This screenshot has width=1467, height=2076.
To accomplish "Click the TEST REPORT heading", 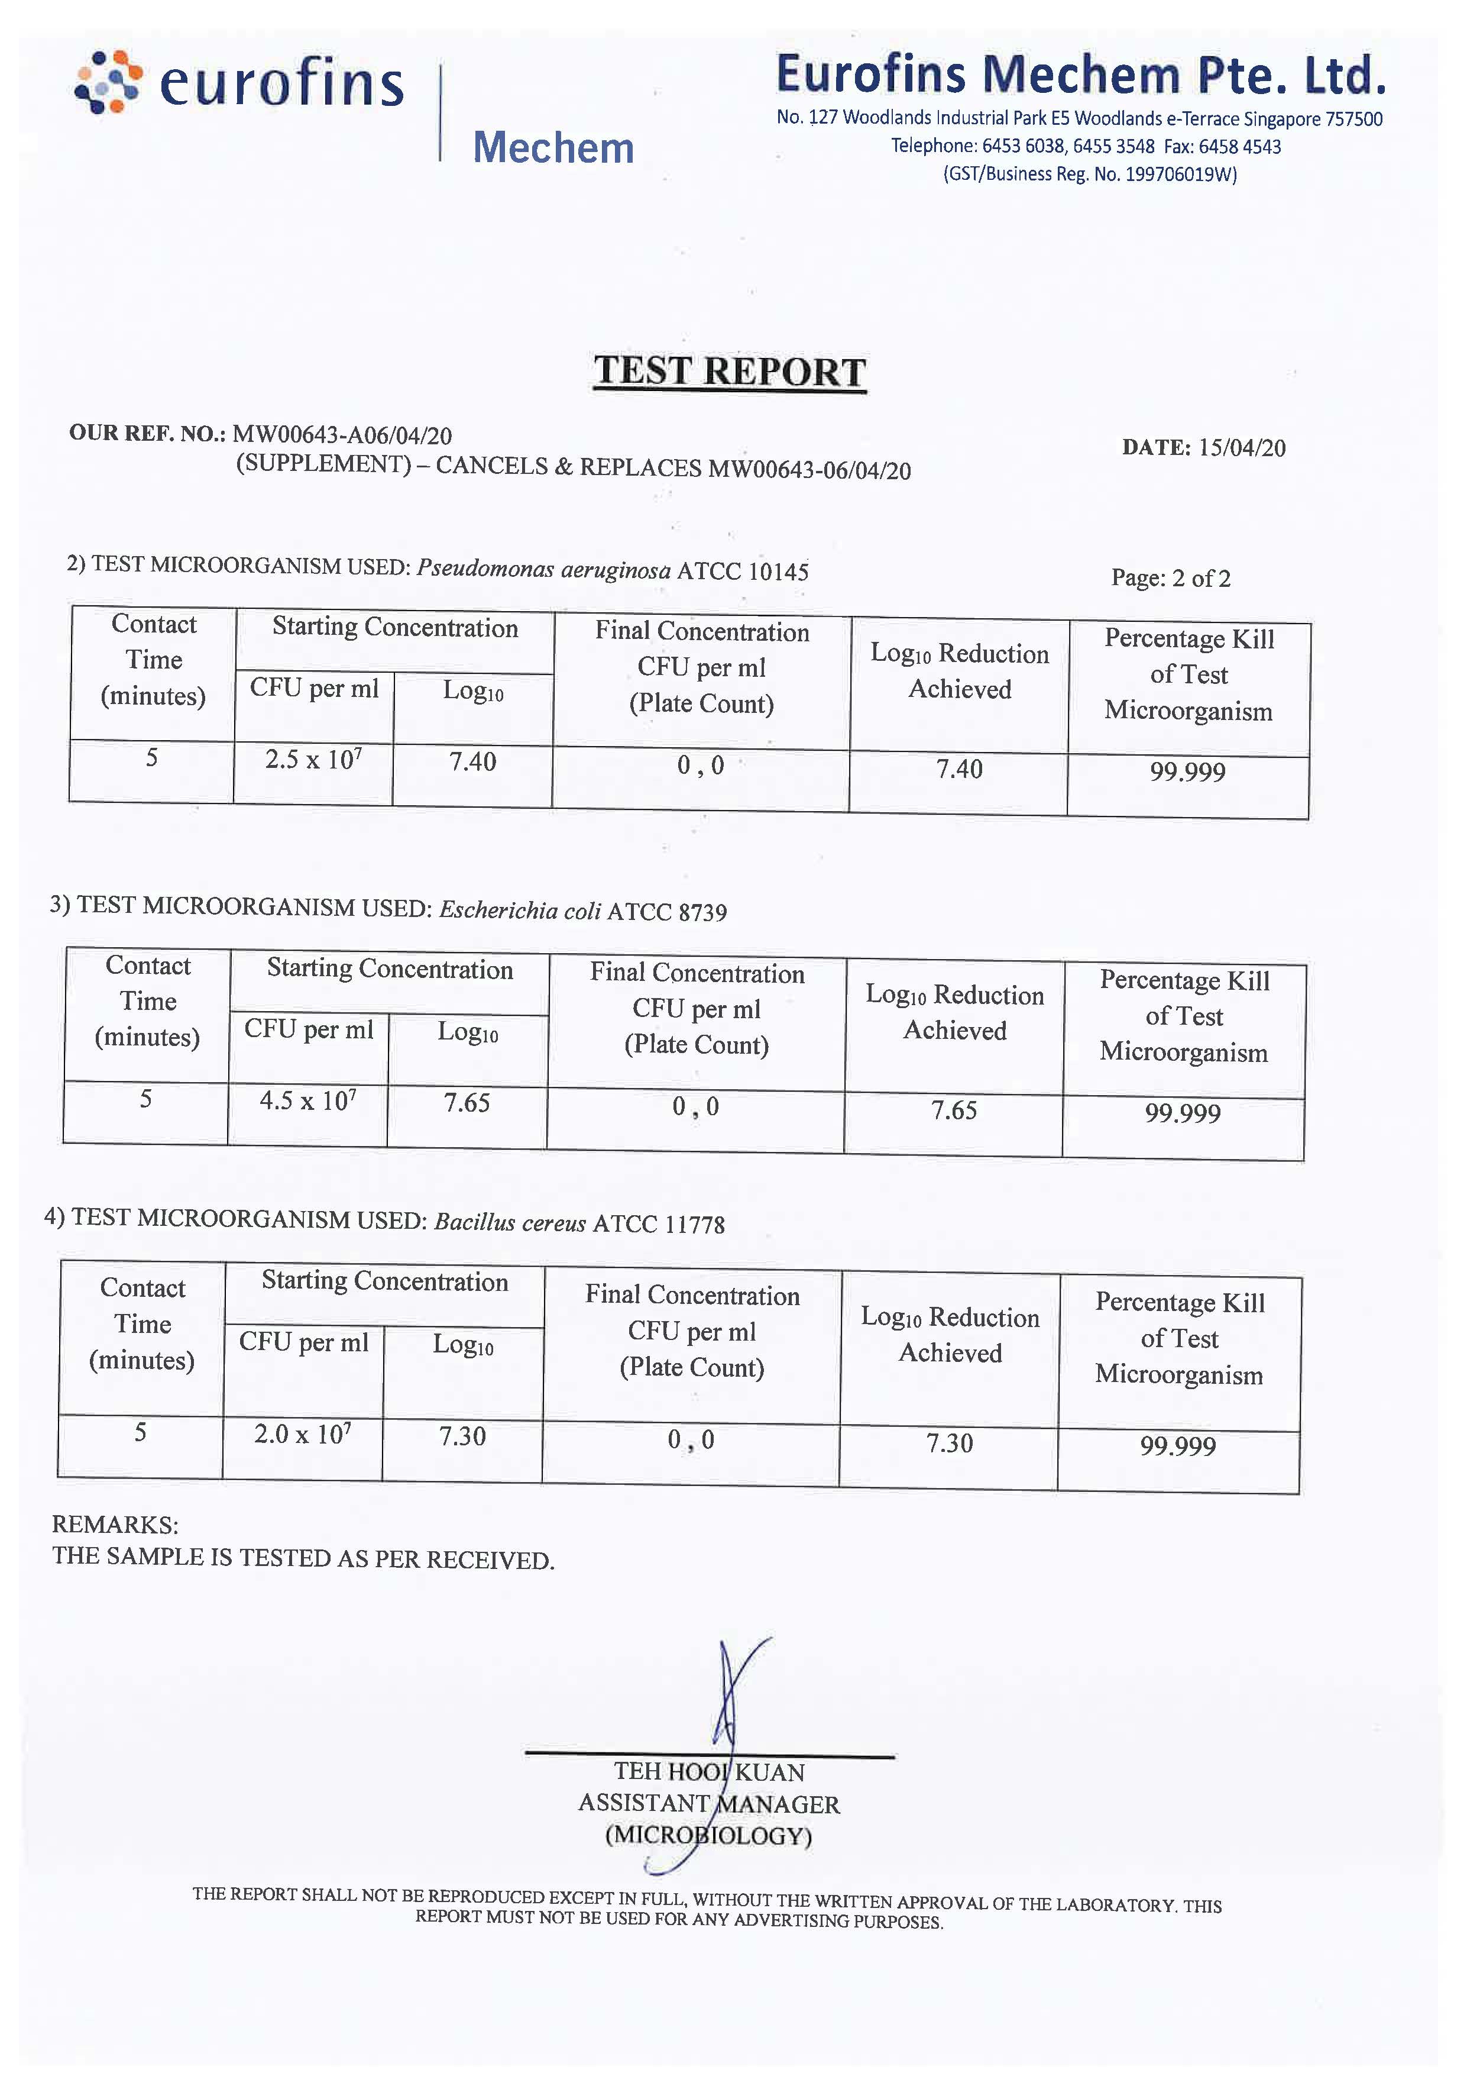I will click(x=730, y=372).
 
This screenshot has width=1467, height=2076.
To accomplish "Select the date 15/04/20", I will click(x=1241, y=448).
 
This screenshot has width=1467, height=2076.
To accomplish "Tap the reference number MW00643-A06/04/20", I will click(x=342, y=435).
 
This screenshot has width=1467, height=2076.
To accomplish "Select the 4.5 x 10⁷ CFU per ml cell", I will click(x=307, y=1100).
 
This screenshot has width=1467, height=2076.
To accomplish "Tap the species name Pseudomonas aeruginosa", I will click(x=543, y=570).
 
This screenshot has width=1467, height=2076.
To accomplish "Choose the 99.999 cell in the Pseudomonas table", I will click(x=1188, y=771).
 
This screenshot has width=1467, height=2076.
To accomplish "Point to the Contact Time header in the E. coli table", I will click(x=147, y=1001).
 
